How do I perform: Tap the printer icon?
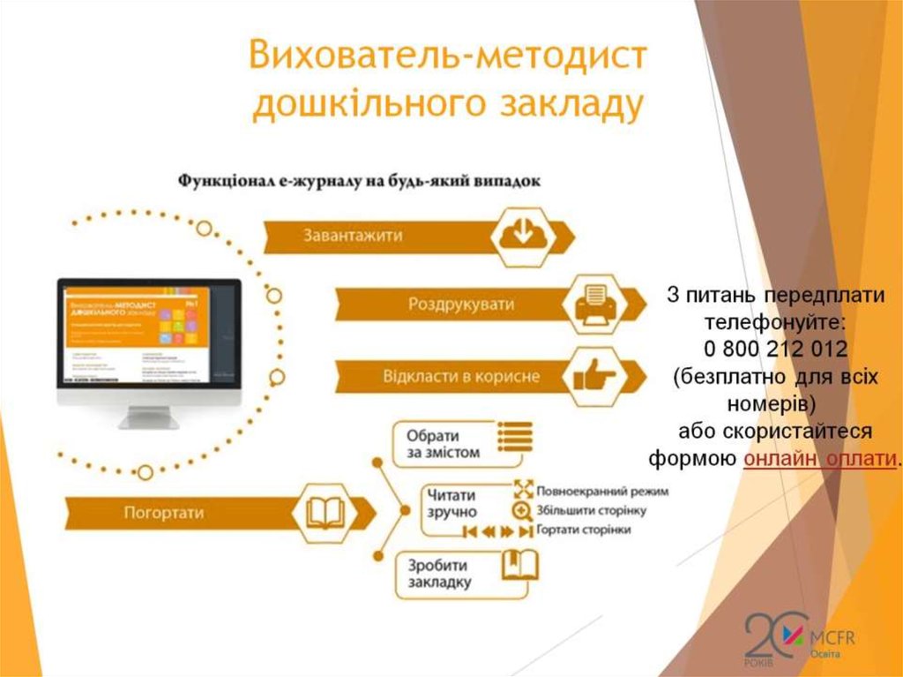point(591,305)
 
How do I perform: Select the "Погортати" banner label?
point(164,512)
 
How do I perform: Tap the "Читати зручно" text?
point(451,503)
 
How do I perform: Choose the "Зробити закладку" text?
point(439,574)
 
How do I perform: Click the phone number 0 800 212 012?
point(776,347)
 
